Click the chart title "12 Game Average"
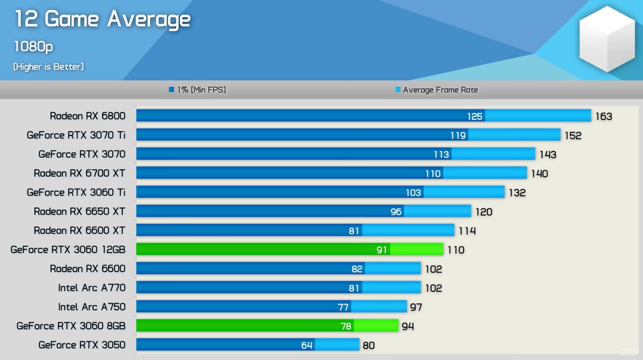coord(103,20)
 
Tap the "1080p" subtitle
coord(33,46)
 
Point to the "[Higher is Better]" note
coord(48,67)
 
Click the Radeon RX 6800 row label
coord(87,116)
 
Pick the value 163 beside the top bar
coord(603,117)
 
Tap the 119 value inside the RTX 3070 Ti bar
coord(458,135)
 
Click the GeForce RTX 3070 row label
coord(82,154)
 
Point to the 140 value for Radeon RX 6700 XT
coord(539,174)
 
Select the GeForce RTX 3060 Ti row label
coord(76,192)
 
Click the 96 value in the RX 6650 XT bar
coord(396,212)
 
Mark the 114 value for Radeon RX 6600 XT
coord(467,231)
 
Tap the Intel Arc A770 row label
coord(91,288)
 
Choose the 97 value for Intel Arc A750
coord(416,307)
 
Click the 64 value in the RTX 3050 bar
coord(307,345)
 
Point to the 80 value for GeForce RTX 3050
coord(368,345)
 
